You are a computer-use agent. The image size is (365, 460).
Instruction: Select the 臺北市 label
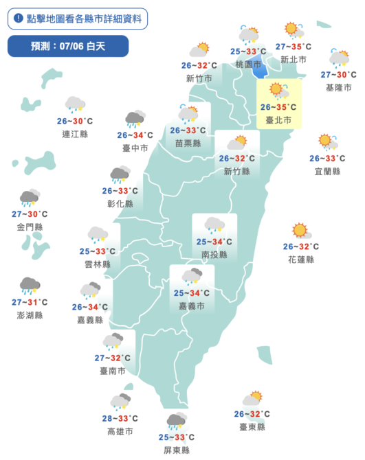click(x=278, y=120)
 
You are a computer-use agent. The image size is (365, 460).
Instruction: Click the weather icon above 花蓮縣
click(x=300, y=231)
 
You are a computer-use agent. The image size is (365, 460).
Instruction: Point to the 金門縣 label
click(x=30, y=227)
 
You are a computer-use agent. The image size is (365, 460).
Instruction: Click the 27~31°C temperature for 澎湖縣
click(x=30, y=302)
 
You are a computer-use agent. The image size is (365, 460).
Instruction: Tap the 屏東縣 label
click(x=177, y=450)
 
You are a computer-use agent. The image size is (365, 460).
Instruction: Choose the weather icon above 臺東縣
click(x=252, y=398)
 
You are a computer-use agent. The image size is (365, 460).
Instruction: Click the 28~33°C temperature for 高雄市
click(x=120, y=418)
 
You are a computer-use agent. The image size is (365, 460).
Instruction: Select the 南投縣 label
click(x=214, y=255)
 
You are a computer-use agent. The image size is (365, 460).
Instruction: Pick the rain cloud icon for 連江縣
click(x=75, y=104)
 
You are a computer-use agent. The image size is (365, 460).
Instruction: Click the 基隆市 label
click(x=339, y=88)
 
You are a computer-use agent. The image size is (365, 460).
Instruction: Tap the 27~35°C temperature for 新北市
click(x=293, y=47)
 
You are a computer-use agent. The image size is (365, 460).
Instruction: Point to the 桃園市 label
click(x=245, y=64)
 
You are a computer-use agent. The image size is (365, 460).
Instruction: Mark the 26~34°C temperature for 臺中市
click(x=135, y=135)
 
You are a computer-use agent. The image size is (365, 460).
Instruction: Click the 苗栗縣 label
click(x=188, y=143)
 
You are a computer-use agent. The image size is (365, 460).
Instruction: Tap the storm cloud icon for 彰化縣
click(x=120, y=174)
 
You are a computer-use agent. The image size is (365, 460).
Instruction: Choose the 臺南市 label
click(x=113, y=371)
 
